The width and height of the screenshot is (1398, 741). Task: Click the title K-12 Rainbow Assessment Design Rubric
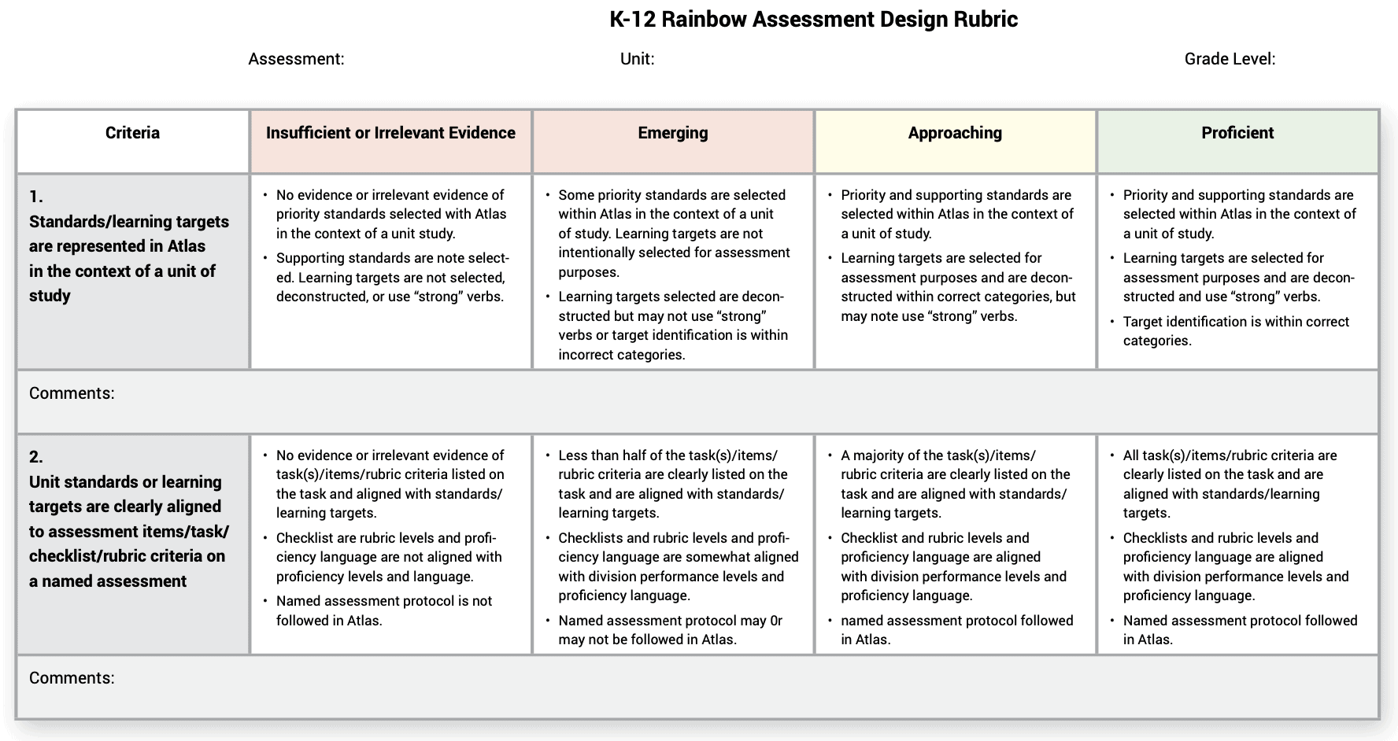[x=813, y=20]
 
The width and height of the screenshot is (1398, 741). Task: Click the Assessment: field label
[x=296, y=59]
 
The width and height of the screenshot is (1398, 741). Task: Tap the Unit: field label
[x=637, y=59]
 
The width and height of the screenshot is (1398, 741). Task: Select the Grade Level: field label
[x=1230, y=59]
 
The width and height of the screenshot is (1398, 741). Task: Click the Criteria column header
[x=132, y=133]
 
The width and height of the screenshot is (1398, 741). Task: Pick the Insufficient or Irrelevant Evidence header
[x=390, y=133]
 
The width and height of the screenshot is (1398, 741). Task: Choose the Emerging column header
[x=672, y=133]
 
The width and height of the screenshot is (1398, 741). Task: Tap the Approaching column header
[x=955, y=133]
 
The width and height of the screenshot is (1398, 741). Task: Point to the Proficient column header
[x=1237, y=133]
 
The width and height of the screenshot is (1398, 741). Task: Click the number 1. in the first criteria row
[x=36, y=197]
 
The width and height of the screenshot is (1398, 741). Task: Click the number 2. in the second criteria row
[x=36, y=457]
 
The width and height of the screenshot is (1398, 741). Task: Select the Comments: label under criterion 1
[x=72, y=393]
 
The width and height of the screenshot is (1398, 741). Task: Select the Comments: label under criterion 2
[x=72, y=678]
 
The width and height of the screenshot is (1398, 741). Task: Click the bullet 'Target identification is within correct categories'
[x=1235, y=331]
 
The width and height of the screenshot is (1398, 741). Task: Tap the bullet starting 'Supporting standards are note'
[x=392, y=277]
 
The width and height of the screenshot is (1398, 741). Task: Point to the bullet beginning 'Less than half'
[x=672, y=484]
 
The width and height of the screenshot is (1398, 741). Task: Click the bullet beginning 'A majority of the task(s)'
[x=954, y=484]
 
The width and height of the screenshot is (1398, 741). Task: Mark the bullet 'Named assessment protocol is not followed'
[x=383, y=610]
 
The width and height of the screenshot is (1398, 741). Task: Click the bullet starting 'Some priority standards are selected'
[x=672, y=233]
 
